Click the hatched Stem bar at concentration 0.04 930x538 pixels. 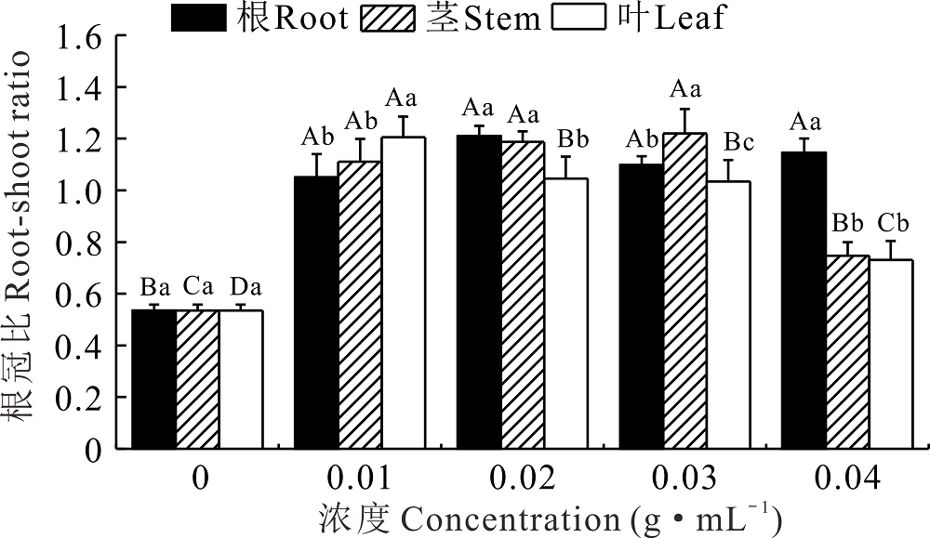847,352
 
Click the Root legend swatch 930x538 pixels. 199,18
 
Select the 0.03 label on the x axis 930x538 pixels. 684,479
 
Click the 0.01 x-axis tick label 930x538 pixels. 360,479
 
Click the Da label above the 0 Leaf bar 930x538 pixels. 241,285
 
